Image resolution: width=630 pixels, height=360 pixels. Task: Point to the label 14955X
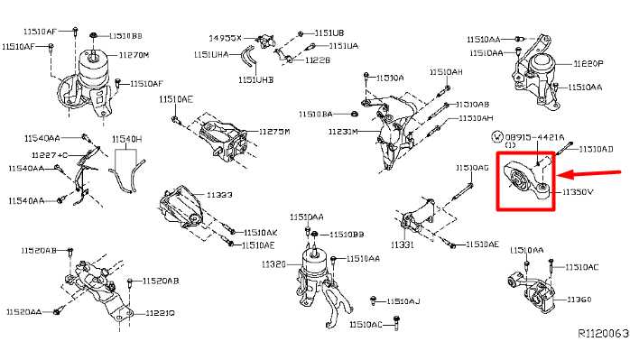click(226, 39)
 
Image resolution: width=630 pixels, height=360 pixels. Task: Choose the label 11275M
click(274, 132)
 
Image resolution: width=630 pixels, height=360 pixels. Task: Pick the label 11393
click(219, 194)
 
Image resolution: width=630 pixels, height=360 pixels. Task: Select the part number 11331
click(403, 245)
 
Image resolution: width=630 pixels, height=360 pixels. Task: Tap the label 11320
click(273, 264)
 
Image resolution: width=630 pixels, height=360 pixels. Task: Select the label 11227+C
click(50, 154)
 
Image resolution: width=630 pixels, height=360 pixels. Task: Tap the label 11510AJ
click(403, 300)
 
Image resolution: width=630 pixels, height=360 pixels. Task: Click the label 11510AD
click(595, 148)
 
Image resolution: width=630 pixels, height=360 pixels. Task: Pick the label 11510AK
click(260, 232)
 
